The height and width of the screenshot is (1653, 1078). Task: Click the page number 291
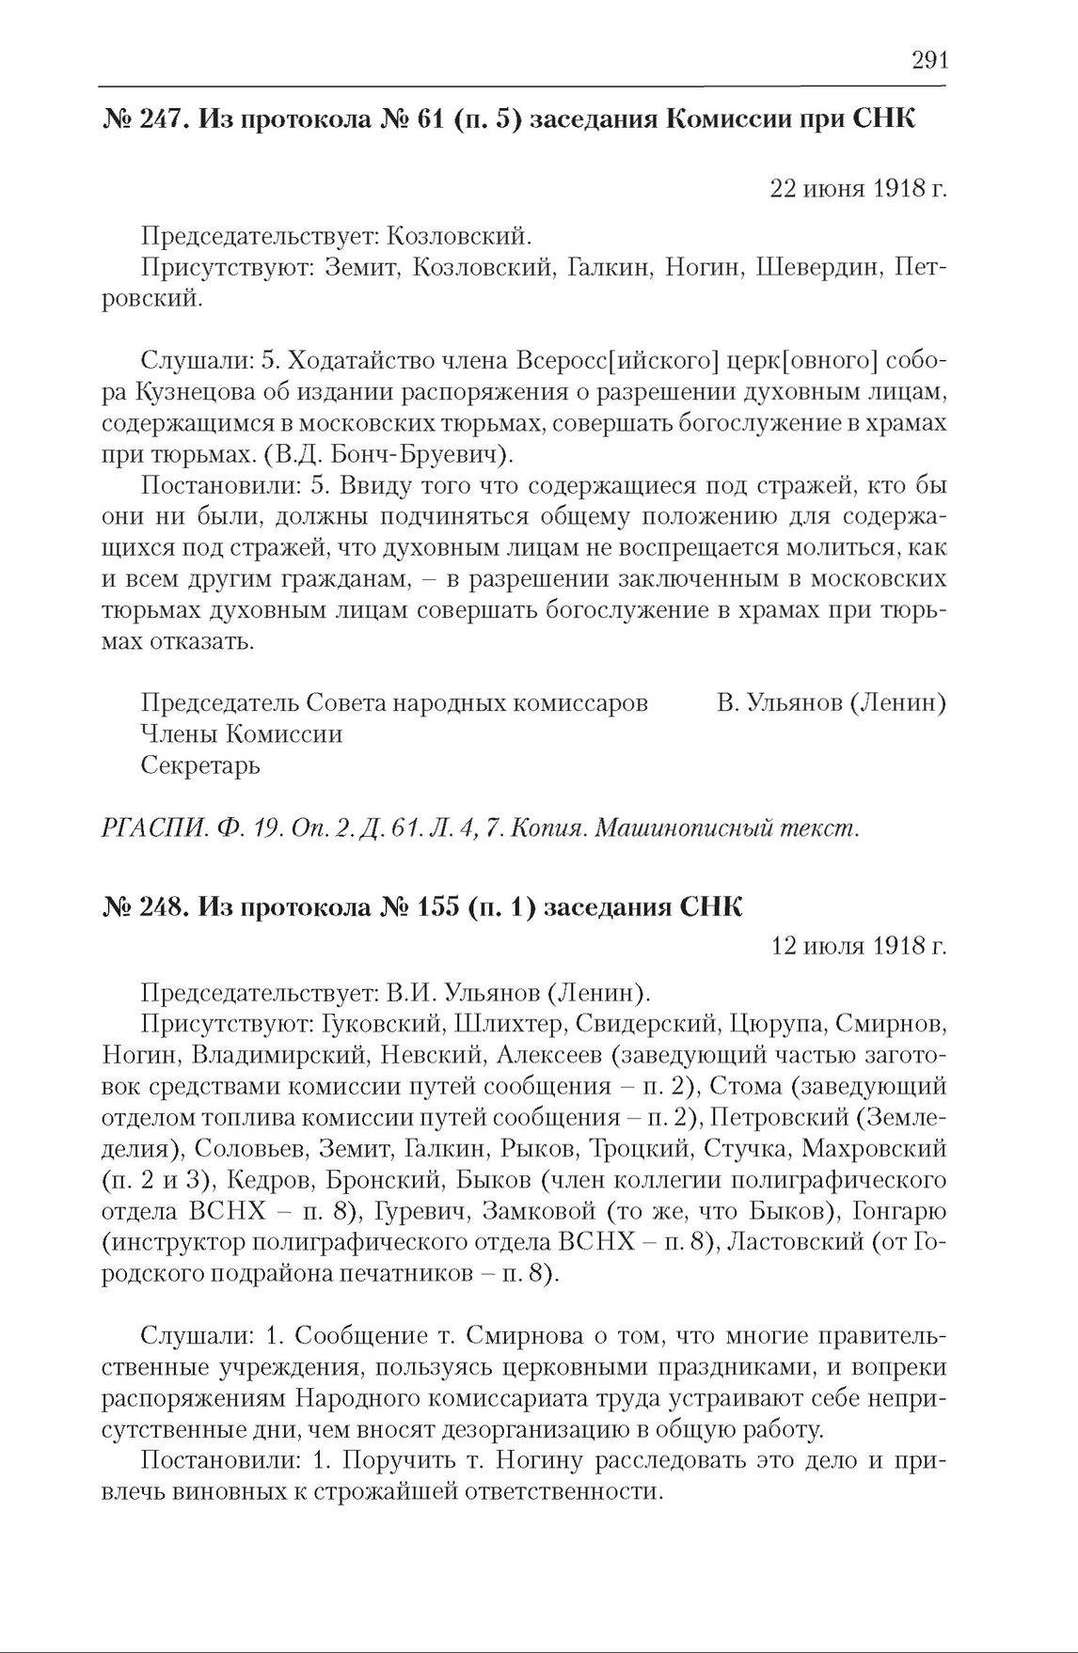[929, 61]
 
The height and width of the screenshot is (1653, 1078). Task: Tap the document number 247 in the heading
[156, 121]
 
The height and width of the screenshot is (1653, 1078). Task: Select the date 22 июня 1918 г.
[858, 189]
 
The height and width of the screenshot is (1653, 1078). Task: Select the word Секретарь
[200, 765]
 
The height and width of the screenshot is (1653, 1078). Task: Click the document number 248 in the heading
[156, 907]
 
